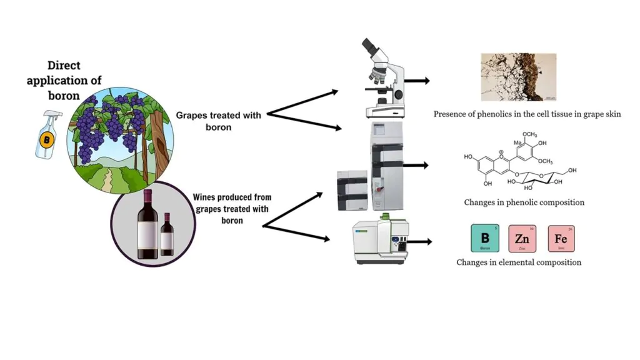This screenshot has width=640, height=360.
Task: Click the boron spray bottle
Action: (47, 134)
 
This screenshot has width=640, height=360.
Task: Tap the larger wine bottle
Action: (148, 224)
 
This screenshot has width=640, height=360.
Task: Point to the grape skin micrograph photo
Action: (518, 77)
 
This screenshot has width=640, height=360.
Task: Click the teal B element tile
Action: (484, 239)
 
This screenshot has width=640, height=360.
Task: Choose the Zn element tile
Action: (522, 239)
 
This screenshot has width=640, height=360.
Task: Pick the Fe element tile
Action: (561, 239)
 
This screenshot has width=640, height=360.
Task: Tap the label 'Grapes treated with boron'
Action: (218, 121)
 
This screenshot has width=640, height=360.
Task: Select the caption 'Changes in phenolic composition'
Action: (524, 202)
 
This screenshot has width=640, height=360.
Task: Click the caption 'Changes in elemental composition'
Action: (519, 262)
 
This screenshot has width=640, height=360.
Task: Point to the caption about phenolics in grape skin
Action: (527, 114)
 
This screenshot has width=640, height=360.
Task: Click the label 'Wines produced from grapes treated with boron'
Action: (232, 209)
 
